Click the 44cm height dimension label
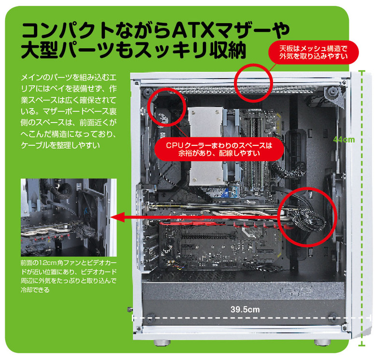point(344,139)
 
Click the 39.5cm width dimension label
point(245,309)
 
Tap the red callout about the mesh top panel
point(313,52)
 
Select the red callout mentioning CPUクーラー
point(219,149)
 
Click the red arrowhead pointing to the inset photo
point(118,217)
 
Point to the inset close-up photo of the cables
point(69,218)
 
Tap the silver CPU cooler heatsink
point(207,146)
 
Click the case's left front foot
point(162,343)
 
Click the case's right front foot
point(322,343)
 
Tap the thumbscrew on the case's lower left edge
point(129,309)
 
